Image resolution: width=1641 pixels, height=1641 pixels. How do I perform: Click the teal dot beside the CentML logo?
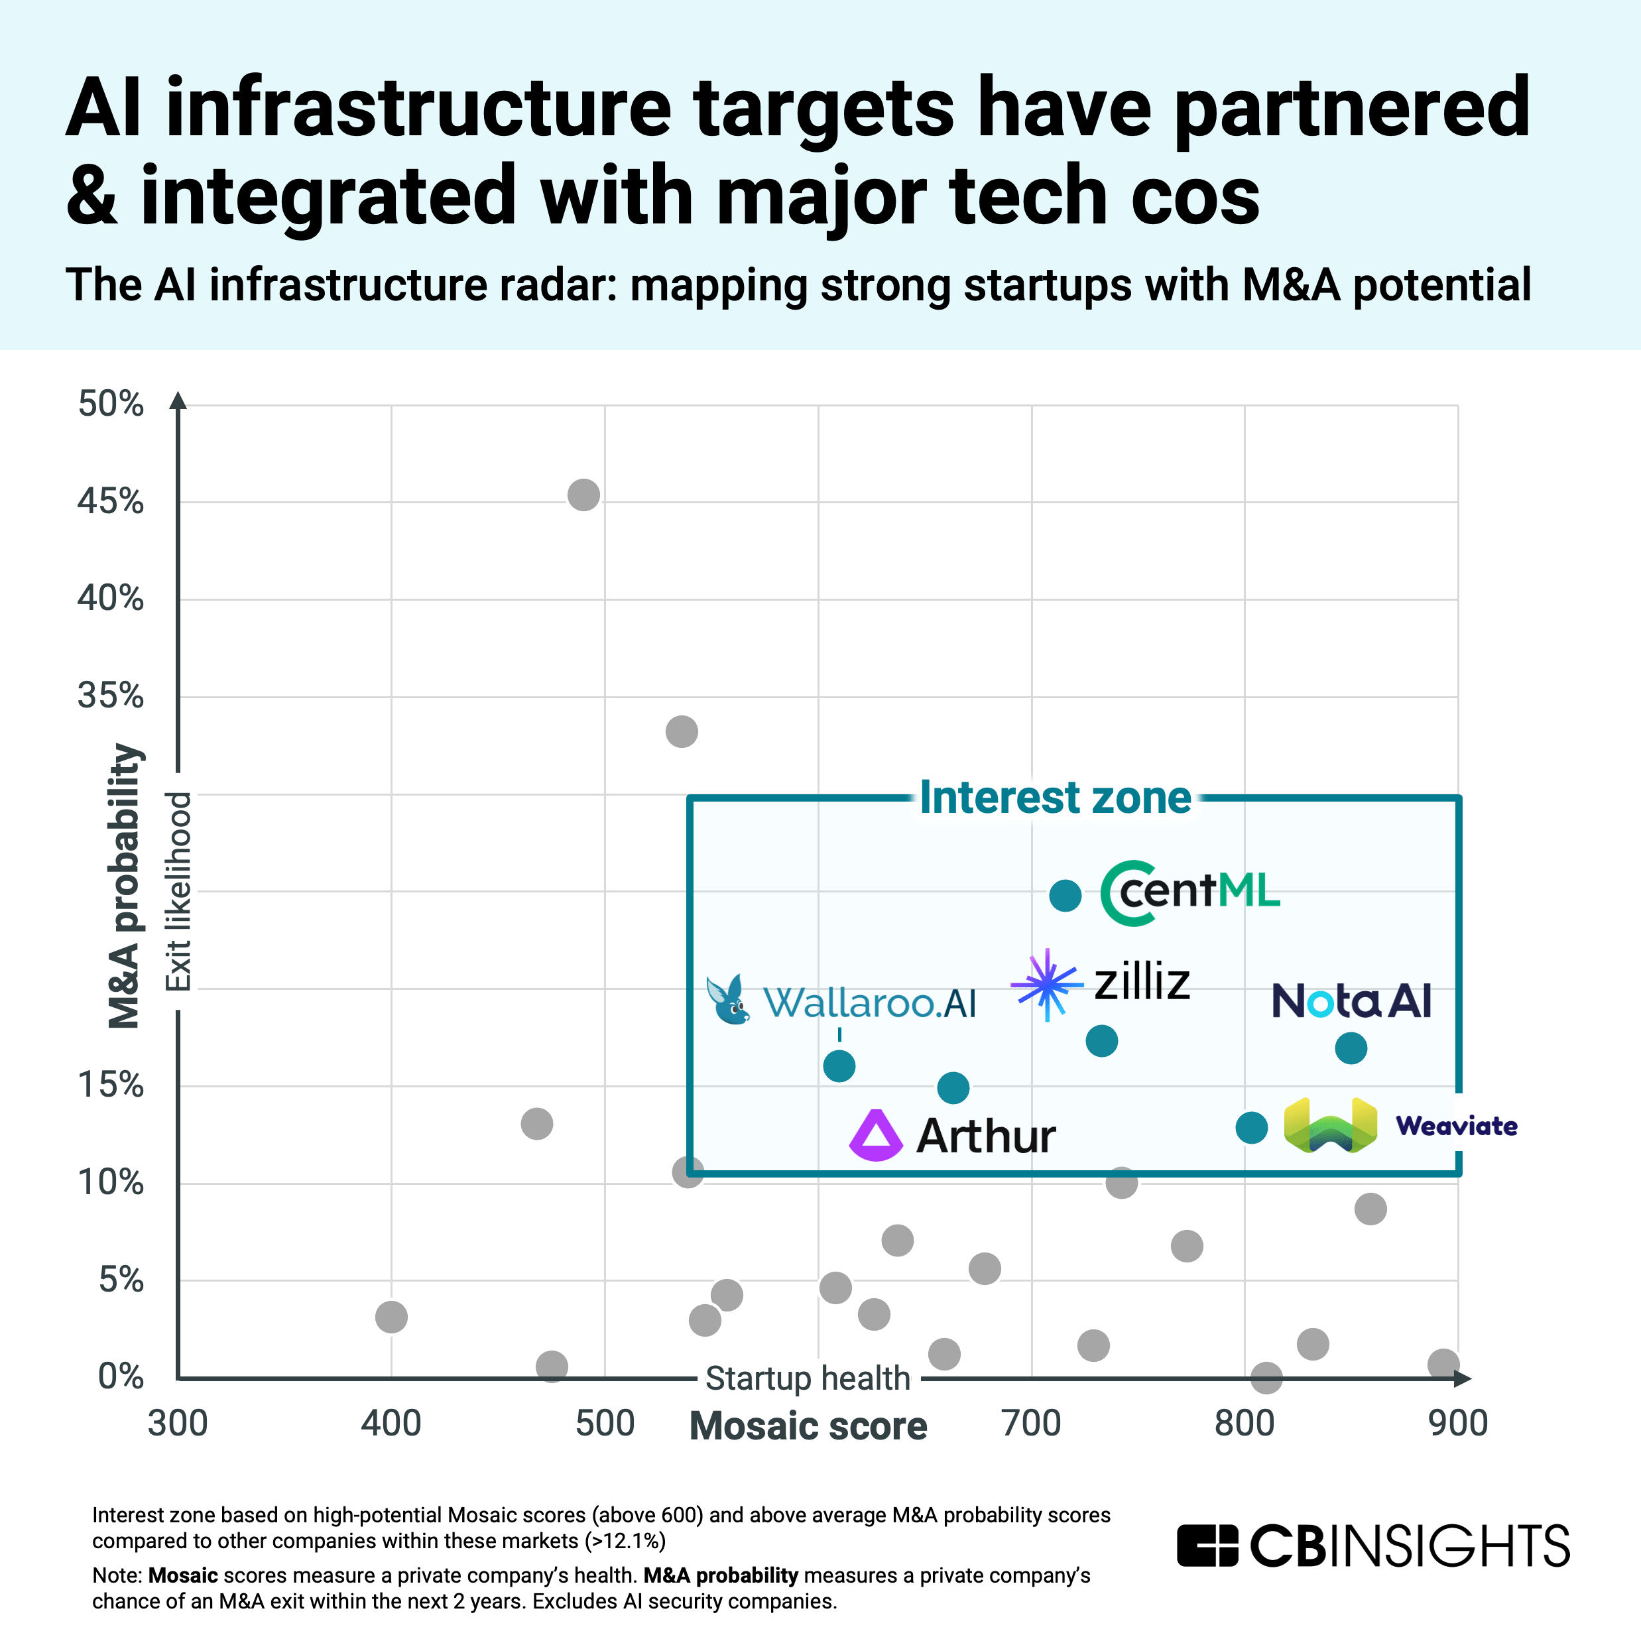tap(1065, 895)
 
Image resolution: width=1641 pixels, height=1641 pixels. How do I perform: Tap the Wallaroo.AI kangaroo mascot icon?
tap(728, 1000)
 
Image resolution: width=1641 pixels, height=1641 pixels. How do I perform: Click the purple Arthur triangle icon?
tap(876, 1136)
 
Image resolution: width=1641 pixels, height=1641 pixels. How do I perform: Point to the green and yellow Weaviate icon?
tap(1330, 1125)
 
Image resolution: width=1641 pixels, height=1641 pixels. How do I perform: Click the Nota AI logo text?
tap(1351, 1001)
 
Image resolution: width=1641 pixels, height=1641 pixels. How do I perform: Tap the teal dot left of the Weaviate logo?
tap(1251, 1128)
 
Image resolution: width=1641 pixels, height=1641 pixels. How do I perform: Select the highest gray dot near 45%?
tap(583, 495)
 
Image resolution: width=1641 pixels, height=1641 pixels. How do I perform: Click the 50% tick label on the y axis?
tap(111, 404)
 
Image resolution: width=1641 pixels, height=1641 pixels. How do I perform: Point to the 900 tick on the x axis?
tap(1457, 1424)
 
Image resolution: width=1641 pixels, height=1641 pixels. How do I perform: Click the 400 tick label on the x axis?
tap(391, 1424)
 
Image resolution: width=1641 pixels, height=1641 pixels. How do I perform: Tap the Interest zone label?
tap(1055, 798)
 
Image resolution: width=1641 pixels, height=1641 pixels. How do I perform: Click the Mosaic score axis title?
tap(808, 1426)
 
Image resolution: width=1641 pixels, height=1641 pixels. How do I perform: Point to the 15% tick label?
tap(111, 1085)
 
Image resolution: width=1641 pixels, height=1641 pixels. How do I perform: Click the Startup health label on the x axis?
tap(808, 1378)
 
